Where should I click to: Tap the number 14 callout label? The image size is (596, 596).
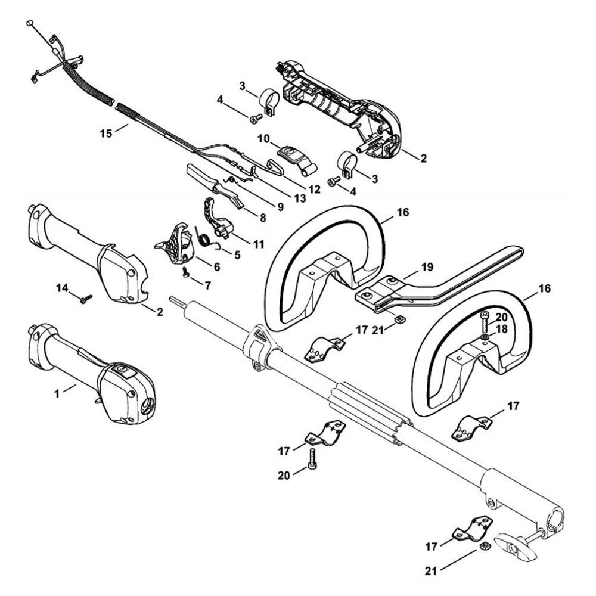point(63,289)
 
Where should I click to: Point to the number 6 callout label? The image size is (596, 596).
point(215,268)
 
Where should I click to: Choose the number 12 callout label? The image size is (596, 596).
point(313,188)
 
